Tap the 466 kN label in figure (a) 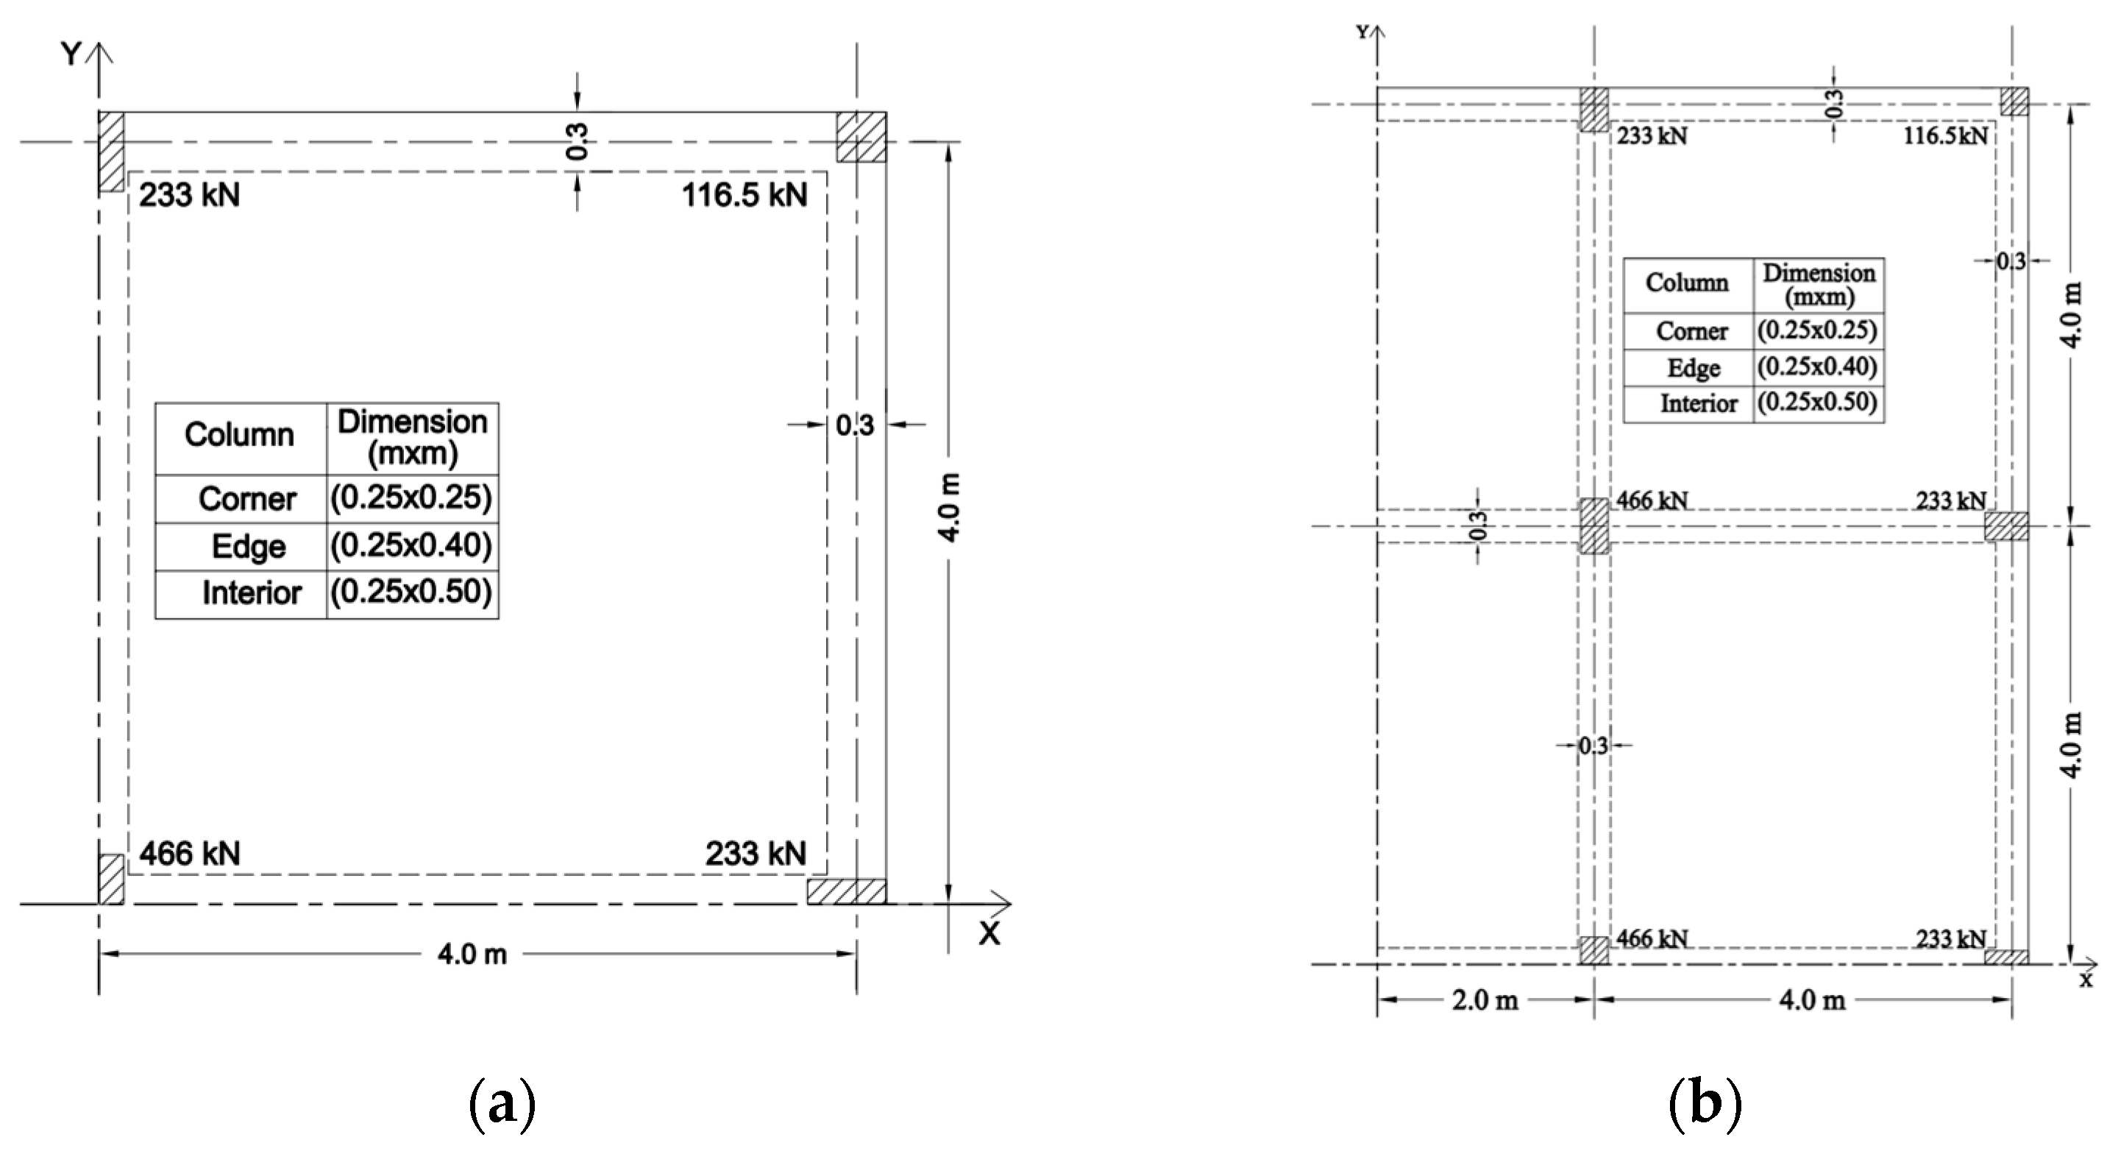[190, 854]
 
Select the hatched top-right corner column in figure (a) [861, 138]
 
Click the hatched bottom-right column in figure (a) [846, 891]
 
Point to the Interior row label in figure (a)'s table [252, 593]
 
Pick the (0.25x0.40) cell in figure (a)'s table [411, 545]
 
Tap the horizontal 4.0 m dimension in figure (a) [472, 954]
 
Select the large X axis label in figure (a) [990, 933]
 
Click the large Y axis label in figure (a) [71, 54]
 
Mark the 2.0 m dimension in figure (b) [1484, 1000]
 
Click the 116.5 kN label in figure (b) [1945, 135]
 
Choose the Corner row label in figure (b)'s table [1691, 330]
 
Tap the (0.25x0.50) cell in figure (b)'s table [1817, 403]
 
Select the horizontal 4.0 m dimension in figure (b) [1811, 1000]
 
